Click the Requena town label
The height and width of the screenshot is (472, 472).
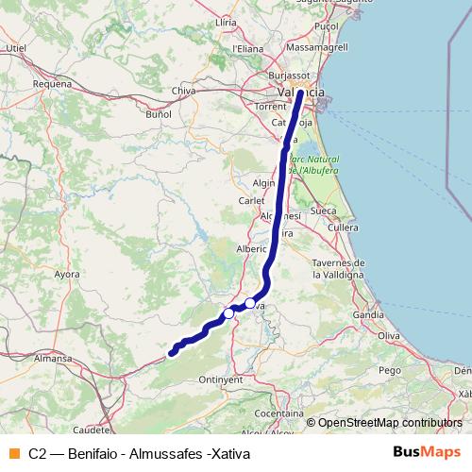tap(52, 83)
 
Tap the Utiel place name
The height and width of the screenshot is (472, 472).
tap(16, 45)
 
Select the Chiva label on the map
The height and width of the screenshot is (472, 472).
tap(183, 91)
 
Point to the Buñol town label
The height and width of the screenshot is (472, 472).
tap(159, 113)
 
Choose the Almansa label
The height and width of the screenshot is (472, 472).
tap(53, 359)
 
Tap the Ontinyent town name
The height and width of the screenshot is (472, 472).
tap(222, 379)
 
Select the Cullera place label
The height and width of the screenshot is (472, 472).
tap(344, 228)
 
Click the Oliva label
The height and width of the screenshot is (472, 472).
tap(389, 335)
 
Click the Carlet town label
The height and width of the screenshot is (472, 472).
tap(252, 201)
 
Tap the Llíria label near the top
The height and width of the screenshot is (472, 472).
tap(226, 20)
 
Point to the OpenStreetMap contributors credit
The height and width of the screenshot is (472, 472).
tap(384, 423)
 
